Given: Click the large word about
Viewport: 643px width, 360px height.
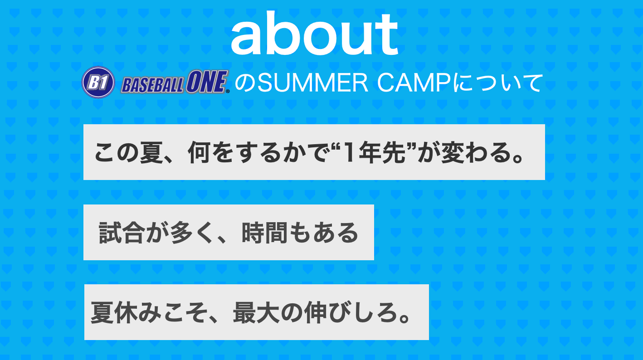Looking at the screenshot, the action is pyautogui.click(x=315, y=33).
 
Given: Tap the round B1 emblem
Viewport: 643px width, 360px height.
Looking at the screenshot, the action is pyautogui.click(x=98, y=83).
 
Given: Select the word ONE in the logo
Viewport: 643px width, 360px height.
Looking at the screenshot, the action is pyautogui.click(x=206, y=82).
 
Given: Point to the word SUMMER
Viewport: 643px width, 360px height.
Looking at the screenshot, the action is pyautogui.click(x=312, y=83).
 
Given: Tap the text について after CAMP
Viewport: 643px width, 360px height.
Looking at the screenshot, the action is pyautogui.click(x=497, y=83).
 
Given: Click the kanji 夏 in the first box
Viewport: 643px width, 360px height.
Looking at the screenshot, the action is pyautogui.click(x=151, y=152).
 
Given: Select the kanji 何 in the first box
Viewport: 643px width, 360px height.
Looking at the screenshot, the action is pyautogui.click(x=199, y=152).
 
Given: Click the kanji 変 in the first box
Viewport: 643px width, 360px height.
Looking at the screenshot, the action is pyautogui.click(x=453, y=152).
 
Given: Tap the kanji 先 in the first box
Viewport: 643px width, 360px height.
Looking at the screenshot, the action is pyautogui.click(x=393, y=152).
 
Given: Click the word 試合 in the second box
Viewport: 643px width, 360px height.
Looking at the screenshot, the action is pyautogui.click(x=121, y=233).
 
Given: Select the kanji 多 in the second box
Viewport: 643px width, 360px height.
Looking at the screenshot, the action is pyautogui.click(x=181, y=233).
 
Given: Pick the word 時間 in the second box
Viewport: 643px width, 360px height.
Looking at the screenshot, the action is pyautogui.click(x=264, y=233).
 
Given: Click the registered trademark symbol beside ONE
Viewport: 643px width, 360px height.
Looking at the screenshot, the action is pyautogui.click(x=228, y=91).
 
